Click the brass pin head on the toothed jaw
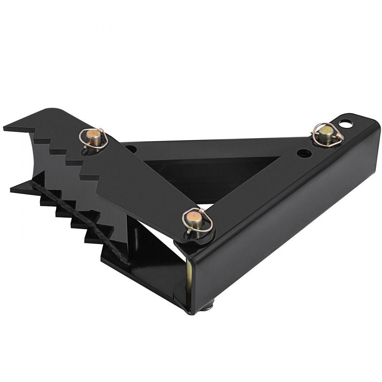click(94, 136)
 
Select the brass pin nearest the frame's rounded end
click(326, 131)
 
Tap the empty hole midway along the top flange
click(304, 153)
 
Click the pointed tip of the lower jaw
click(11, 189)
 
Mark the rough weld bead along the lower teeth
click(76, 218)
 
